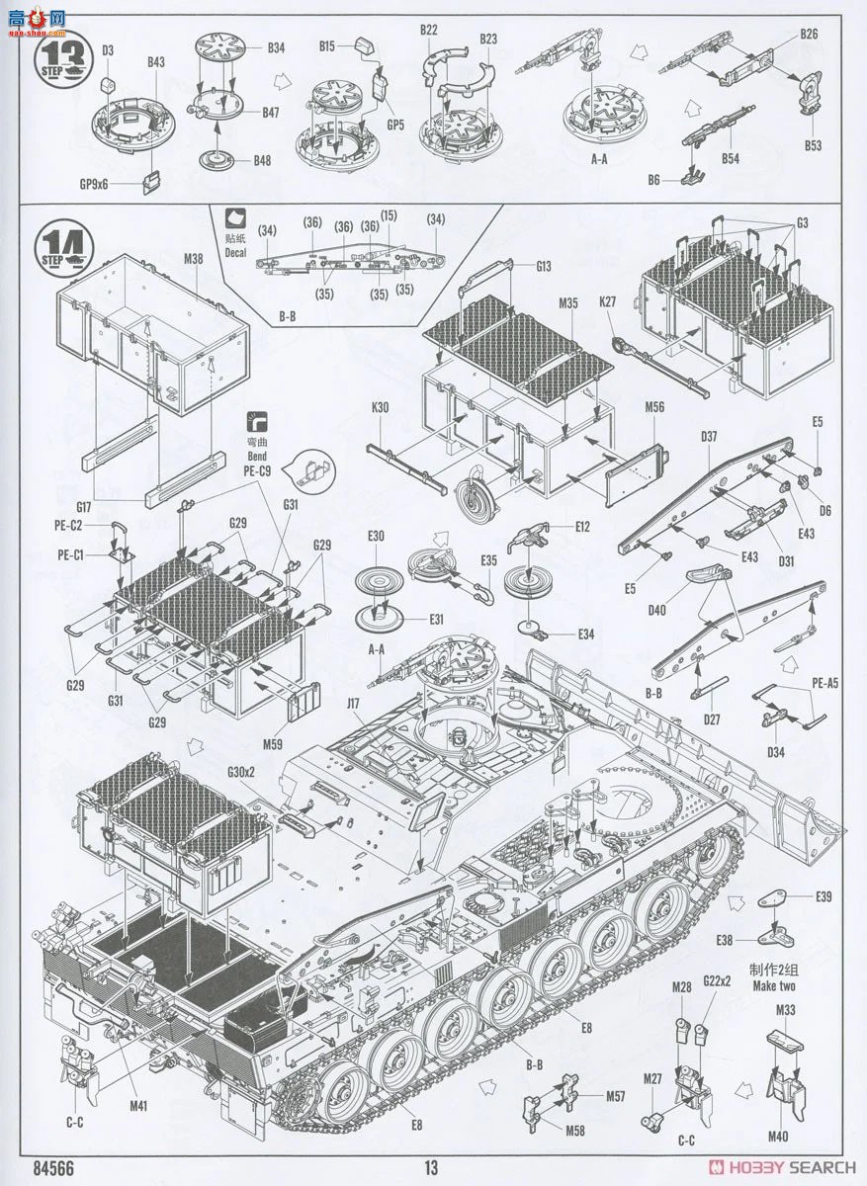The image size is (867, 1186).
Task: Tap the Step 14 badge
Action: [x=63, y=243]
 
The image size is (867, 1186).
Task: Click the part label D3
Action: [x=108, y=49]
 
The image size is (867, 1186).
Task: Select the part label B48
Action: [x=262, y=160]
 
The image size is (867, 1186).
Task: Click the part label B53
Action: [x=813, y=145]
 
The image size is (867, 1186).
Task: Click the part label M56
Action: [x=653, y=406]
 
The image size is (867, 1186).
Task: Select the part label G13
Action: [x=544, y=266]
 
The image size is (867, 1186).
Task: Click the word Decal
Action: [x=235, y=251]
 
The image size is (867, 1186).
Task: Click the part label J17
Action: [x=354, y=704]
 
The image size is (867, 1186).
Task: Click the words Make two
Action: [x=772, y=985]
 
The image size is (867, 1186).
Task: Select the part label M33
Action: [x=786, y=1010]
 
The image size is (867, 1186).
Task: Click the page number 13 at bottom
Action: [x=430, y=1167]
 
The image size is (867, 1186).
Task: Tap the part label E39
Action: [x=824, y=896]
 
